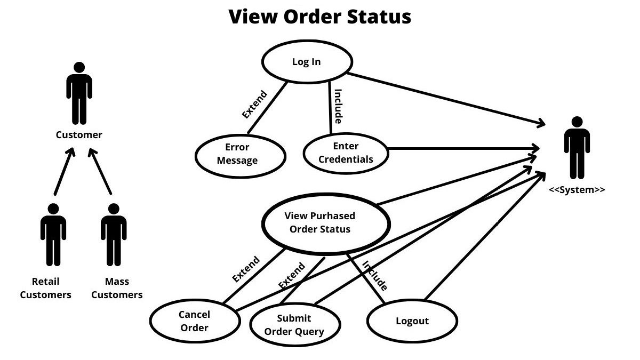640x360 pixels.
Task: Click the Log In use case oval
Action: tap(307, 62)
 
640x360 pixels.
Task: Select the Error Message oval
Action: tap(240, 154)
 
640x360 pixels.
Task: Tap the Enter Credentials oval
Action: tap(346, 153)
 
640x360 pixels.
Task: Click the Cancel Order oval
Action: tap(195, 321)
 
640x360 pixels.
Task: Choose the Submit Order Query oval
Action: tap(294, 325)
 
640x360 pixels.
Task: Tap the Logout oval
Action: tap(412, 321)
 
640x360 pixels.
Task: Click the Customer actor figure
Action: tap(79, 93)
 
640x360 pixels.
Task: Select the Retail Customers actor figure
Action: tap(53, 234)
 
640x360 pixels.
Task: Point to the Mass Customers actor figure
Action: tap(114, 234)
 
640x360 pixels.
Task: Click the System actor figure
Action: tap(577, 147)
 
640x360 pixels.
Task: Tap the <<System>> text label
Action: tap(577, 190)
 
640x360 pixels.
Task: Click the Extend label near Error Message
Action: tap(254, 105)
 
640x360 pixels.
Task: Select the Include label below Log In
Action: tap(338, 106)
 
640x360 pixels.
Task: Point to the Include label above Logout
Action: tap(374, 276)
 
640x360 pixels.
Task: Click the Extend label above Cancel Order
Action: tap(246, 269)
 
